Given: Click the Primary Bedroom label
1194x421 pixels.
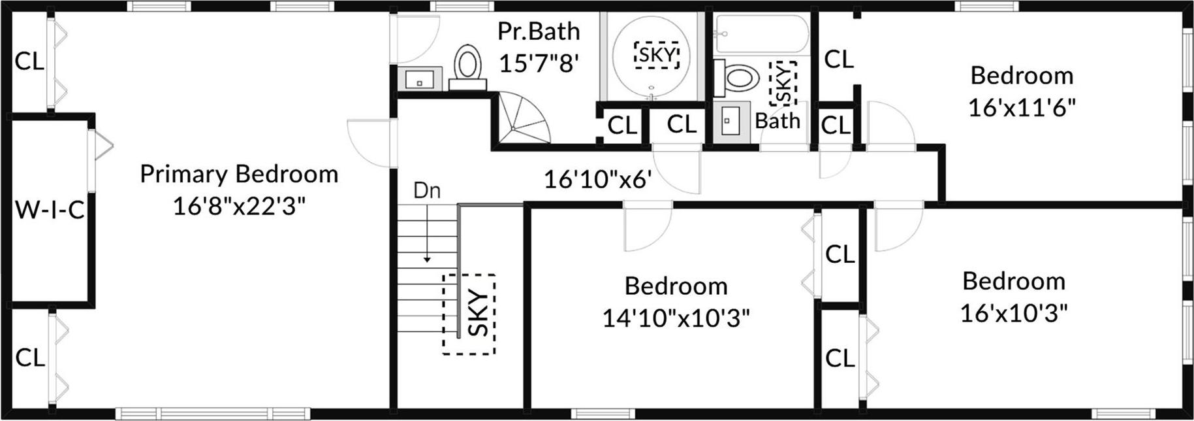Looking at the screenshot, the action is point(239,175).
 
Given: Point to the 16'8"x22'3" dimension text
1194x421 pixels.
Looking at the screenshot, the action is point(239,207).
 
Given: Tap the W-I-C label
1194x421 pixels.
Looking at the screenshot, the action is point(50,210).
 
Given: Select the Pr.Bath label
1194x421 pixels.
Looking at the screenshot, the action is point(539,31).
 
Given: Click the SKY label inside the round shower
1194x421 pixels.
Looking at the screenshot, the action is point(657,55).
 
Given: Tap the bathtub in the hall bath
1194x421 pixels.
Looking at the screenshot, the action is point(762,33).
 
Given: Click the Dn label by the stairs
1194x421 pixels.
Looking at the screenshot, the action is point(427,191).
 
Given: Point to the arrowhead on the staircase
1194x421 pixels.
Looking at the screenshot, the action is point(427,260).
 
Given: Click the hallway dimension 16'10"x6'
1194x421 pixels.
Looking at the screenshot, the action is point(598,178).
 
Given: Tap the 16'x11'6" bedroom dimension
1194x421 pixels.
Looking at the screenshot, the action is point(1022,108).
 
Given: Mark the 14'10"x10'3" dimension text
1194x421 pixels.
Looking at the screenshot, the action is point(676,318).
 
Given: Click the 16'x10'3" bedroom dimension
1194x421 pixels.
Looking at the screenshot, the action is point(1014,314).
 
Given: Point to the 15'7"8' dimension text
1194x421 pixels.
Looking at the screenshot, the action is point(539,63).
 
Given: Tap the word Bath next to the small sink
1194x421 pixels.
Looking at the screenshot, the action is point(778,121).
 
